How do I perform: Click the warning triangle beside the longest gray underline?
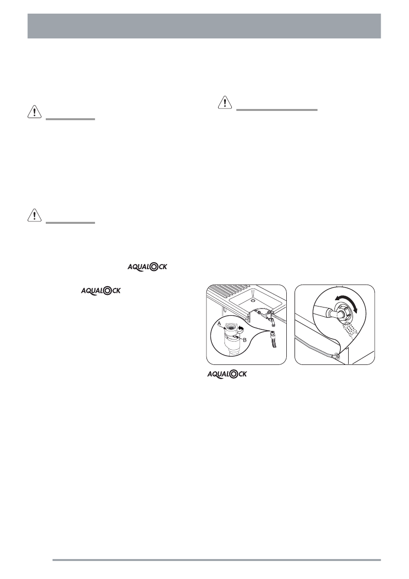[224, 102]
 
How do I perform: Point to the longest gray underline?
[277, 110]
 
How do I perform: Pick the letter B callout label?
[244, 339]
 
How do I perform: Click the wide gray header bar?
[204, 26]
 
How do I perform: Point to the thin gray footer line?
[216, 560]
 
